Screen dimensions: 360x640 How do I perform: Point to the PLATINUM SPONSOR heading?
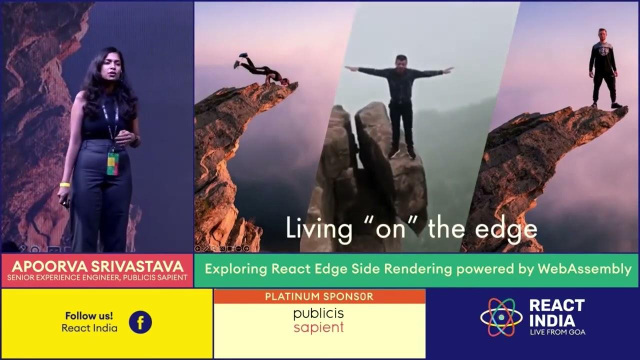point(319,296)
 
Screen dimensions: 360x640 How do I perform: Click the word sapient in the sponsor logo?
point(319,327)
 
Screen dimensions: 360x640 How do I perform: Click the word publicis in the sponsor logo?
point(319,314)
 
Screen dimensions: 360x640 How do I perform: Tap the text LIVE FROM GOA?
point(557,332)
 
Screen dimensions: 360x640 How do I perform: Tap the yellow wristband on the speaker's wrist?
point(65,185)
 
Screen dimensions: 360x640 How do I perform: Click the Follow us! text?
point(89,316)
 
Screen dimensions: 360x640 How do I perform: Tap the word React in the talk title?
point(288,269)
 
